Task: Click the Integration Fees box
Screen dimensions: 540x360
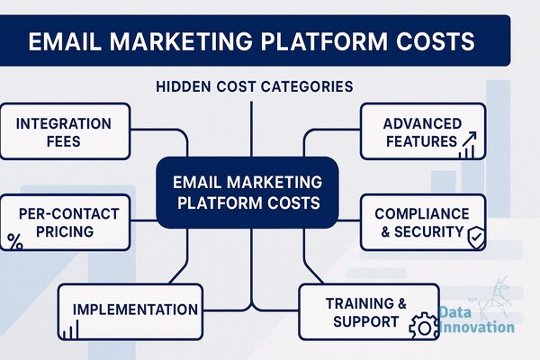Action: [65, 131]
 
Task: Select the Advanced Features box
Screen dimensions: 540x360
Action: [423, 131]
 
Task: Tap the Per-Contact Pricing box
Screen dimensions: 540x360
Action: [65, 222]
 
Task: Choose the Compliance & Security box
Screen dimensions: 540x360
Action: [423, 222]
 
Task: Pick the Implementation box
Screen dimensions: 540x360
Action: [130, 311]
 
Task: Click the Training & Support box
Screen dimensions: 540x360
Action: [369, 311]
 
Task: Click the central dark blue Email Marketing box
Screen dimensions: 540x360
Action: [247, 193]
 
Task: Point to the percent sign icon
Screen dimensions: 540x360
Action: [14, 241]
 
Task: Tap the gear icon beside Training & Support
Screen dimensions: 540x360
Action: [424, 326]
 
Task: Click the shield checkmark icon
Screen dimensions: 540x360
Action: [476, 238]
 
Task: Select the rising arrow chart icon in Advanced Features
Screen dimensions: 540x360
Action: [468, 145]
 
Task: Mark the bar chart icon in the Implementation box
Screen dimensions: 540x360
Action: [70, 329]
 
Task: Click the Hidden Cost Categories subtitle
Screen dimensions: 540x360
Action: [255, 86]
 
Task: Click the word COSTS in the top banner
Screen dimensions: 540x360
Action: [436, 41]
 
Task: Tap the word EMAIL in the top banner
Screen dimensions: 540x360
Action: [65, 41]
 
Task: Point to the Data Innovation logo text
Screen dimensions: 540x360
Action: [477, 319]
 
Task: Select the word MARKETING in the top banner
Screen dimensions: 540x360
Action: [181, 41]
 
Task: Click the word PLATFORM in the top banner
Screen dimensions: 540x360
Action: [324, 41]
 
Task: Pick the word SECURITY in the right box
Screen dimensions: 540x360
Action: [428, 232]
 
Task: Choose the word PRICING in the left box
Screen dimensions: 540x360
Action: [65, 231]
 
